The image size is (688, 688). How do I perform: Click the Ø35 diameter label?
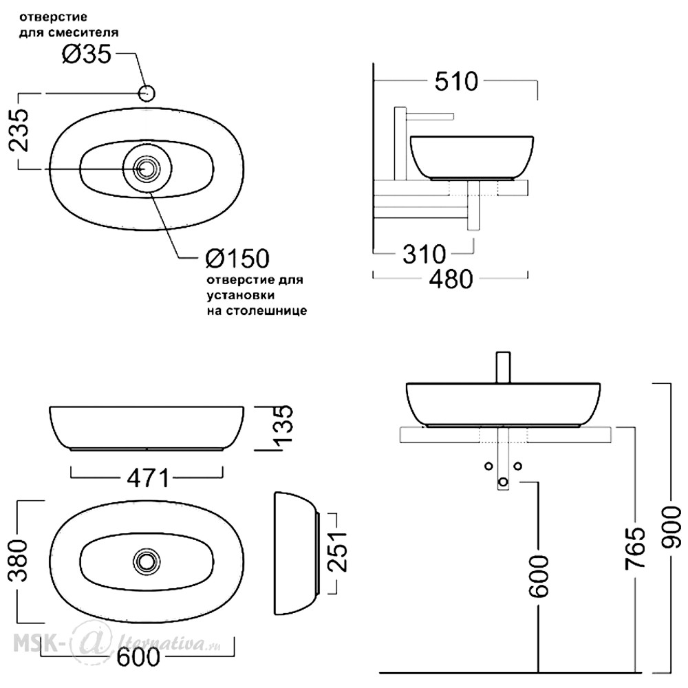click(87, 55)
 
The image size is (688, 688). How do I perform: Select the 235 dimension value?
click(19, 130)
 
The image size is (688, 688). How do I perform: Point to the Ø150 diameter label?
click(237, 259)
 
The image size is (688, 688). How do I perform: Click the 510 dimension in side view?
click(456, 82)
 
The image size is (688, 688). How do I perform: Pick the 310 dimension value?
click(424, 254)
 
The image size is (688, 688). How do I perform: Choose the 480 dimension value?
click(451, 279)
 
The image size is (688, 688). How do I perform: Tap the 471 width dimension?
click(148, 478)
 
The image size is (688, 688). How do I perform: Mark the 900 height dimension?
click(671, 527)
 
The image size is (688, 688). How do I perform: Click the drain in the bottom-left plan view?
click(147, 561)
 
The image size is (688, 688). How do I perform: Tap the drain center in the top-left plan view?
click(144, 169)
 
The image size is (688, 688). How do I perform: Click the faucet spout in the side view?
click(429, 116)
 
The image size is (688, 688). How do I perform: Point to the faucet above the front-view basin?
click(503, 367)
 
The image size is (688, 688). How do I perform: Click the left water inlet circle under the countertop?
click(488, 466)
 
